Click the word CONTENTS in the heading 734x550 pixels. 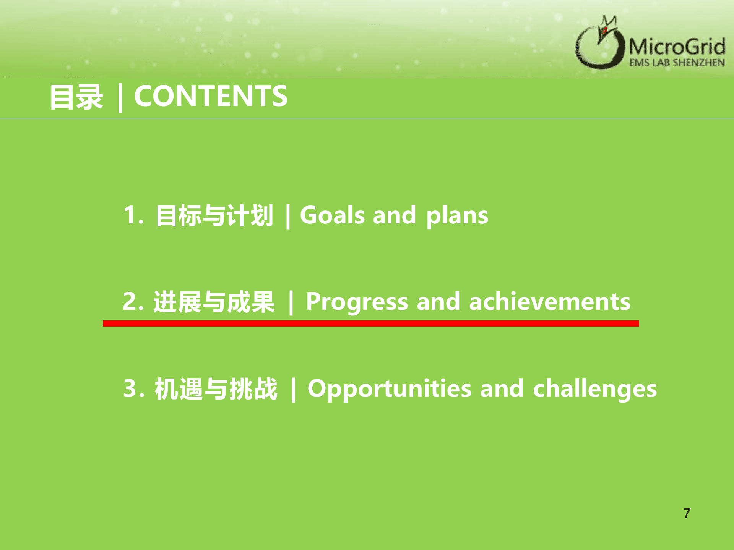point(211,96)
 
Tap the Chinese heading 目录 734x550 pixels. point(76,97)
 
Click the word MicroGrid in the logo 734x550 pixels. point(677,47)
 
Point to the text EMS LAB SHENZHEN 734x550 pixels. point(677,63)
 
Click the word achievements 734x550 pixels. point(550,301)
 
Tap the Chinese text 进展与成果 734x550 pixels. point(214,302)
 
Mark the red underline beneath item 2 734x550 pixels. point(371,324)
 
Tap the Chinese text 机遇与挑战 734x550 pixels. point(216,389)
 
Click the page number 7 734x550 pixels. point(687,513)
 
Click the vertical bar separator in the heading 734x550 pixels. point(120,97)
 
